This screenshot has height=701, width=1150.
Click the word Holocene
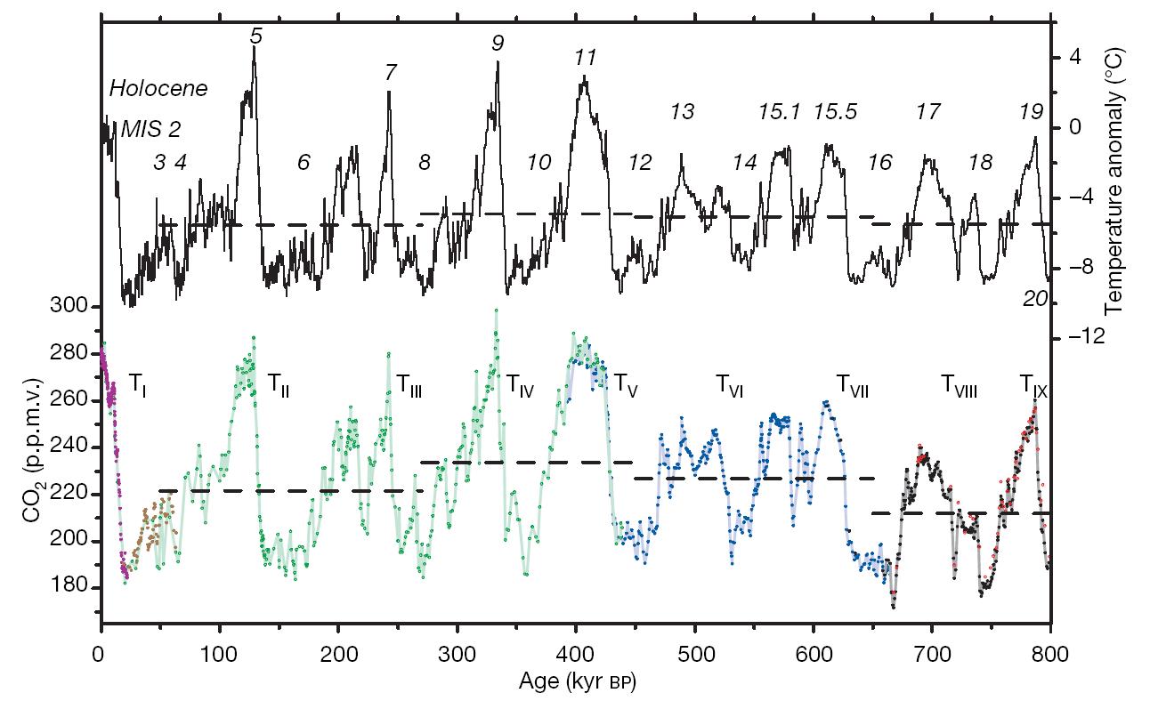point(158,89)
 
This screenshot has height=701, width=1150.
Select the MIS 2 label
point(151,129)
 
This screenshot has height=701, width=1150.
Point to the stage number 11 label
point(585,59)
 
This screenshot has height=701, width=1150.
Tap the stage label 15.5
point(836,112)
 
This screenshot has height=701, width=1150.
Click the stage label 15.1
point(780,112)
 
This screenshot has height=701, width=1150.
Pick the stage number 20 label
point(1034,301)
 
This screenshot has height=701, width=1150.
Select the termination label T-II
point(279,385)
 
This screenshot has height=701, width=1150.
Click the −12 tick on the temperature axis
point(1081,338)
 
